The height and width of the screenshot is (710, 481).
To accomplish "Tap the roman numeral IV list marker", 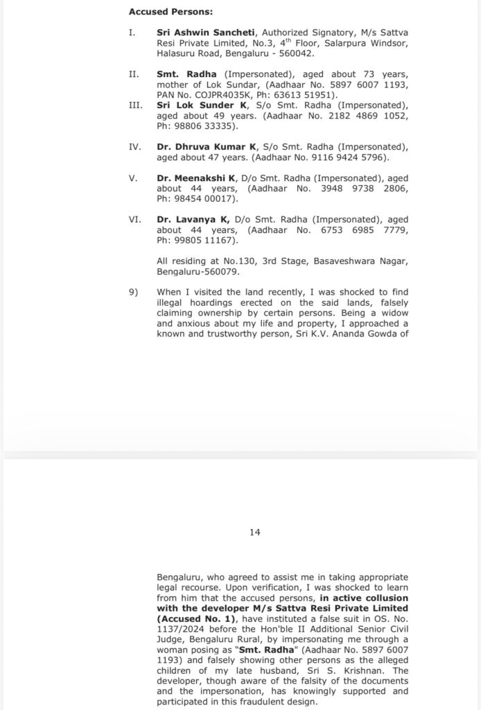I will (134, 147).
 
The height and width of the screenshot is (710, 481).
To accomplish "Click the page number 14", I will (254, 532).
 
